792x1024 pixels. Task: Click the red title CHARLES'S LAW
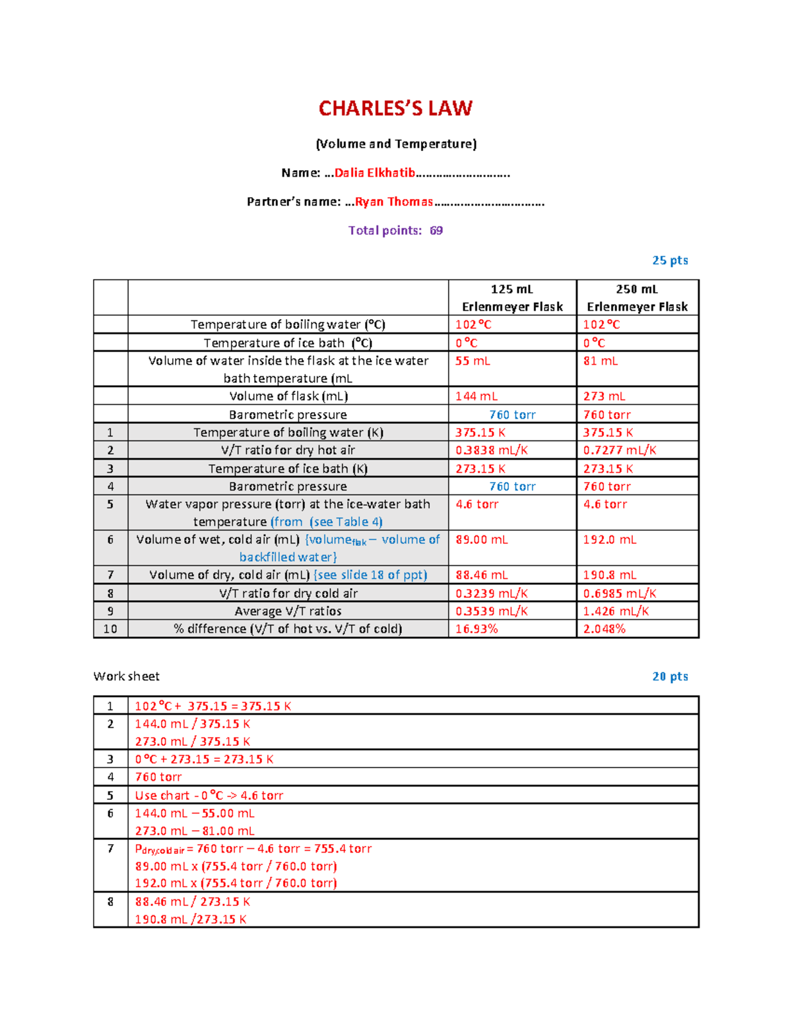pos(395,108)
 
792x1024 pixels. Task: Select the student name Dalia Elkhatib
pos(374,173)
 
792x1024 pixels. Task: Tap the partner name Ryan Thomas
pos(394,202)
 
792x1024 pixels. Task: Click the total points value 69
pos(436,231)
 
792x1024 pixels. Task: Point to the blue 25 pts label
pos(670,260)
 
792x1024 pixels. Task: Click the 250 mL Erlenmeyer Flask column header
pos(637,298)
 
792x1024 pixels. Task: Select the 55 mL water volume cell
pos(473,361)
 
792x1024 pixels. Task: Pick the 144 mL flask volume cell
pos(477,396)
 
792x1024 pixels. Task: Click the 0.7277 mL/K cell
pos(620,450)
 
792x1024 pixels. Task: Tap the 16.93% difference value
pos(477,629)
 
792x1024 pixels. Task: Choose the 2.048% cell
pos(604,629)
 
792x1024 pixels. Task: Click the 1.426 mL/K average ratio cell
pos(616,611)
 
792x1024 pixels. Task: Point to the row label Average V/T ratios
pos(288,611)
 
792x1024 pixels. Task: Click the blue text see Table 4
pos(346,522)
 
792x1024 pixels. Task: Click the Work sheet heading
pos(126,677)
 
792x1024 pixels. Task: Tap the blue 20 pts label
pos(670,677)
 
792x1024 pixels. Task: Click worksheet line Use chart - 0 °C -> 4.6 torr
pos(209,796)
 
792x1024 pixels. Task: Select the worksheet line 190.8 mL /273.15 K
pos(191,919)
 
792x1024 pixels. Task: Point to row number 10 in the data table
pos(110,629)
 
